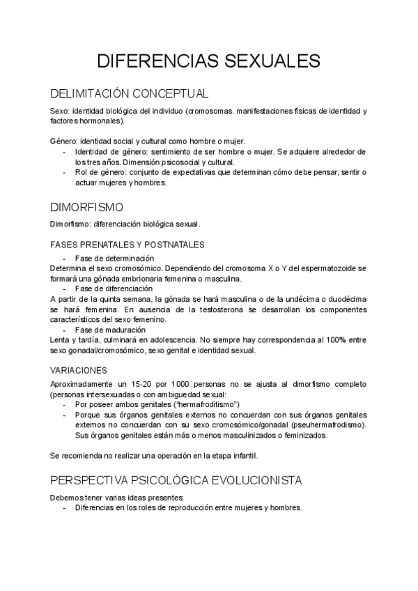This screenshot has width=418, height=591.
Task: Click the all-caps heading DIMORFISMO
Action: [x=87, y=207]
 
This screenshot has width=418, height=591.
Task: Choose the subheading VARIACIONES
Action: [x=79, y=370]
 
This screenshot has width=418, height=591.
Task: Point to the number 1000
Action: [x=188, y=384]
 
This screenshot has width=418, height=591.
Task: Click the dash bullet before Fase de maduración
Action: [x=65, y=330]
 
